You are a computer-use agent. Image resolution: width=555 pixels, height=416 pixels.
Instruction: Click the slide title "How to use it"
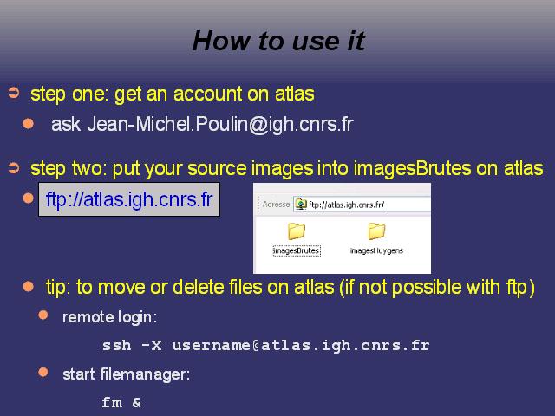coord(279,41)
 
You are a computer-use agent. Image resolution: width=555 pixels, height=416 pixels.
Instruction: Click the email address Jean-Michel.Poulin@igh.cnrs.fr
coord(220,124)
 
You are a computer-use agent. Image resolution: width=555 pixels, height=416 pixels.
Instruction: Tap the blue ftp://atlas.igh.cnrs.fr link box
coord(129,199)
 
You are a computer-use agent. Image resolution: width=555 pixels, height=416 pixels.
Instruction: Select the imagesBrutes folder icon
coord(297,231)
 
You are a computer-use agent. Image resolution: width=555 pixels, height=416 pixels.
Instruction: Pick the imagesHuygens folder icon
coord(376,231)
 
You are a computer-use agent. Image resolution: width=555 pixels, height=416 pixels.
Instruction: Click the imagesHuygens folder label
coord(376,250)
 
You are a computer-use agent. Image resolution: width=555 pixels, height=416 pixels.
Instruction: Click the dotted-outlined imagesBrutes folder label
coord(297,250)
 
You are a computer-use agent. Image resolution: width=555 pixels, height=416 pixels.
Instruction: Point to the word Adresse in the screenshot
coord(276,205)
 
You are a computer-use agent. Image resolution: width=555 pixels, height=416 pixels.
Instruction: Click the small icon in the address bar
coord(301,205)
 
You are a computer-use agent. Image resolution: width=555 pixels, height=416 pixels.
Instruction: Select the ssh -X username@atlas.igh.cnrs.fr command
coord(266,346)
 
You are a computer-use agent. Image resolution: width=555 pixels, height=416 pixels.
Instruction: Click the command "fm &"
coord(121,402)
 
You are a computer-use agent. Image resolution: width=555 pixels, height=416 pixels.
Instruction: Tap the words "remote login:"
coord(110,317)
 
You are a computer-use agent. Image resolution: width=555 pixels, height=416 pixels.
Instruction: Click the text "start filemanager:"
coord(126,374)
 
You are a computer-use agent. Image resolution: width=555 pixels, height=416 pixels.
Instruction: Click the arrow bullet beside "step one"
coord(14,93)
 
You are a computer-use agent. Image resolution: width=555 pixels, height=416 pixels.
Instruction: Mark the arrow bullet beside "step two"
coord(14,167)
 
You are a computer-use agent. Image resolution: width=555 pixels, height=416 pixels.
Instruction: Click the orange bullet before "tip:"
coord(28,286)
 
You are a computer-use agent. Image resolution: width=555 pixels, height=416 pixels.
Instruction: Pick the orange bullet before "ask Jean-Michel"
coord(28,123)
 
